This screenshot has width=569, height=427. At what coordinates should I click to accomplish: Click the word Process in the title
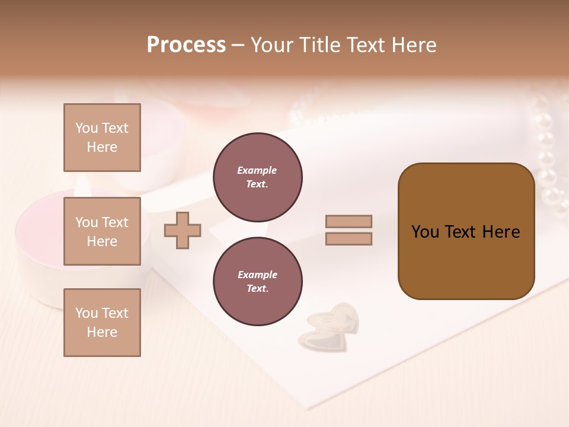(x=186, y=44)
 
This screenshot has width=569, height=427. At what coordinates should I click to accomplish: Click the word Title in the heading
(x=319, y=44)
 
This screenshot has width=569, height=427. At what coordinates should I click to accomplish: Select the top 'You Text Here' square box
(x=102, y=138)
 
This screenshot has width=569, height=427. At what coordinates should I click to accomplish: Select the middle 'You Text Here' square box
(x=102, y=231)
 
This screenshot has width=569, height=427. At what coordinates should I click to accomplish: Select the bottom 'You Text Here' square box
(x=102, y=322)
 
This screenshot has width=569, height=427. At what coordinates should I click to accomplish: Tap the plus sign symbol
(x=183, y=230)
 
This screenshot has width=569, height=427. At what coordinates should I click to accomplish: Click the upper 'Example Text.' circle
(x=257, y=177)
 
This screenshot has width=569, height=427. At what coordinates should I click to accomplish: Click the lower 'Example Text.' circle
(x=257, y=282)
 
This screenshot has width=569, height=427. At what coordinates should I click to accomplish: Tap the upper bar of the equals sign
(x=349, y=221)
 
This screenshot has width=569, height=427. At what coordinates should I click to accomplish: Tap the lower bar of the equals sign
(x=349, y=239)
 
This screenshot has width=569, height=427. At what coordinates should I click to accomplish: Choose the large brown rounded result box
(x=466, y=231)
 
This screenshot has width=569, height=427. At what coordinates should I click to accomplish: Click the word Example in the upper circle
(x=257, y=170)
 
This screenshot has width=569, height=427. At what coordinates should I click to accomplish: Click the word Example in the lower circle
(x=257, y=275)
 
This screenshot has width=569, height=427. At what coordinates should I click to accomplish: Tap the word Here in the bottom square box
(x=102, y=332)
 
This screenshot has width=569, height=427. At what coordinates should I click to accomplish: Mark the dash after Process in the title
(x=238, y=45)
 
